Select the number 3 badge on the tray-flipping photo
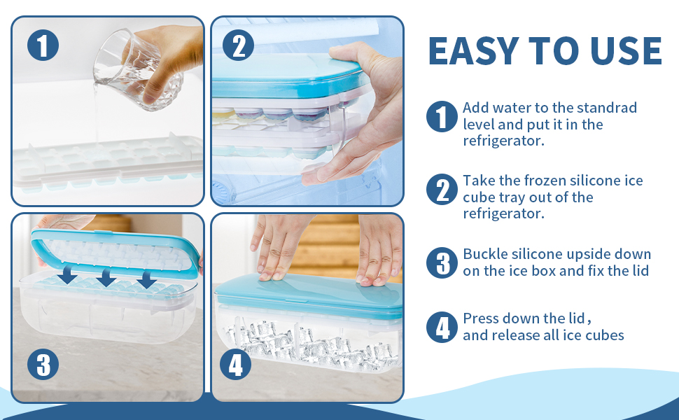[43, 365]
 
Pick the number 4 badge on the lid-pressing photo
[235, 365]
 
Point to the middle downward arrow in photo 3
[106, 278]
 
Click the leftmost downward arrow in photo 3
[68, 276]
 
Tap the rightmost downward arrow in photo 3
[146, 279]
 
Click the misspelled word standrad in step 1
[605, 108]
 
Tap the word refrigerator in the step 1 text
[503, 141]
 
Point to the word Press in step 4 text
[481, 318]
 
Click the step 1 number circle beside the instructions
[442, 116]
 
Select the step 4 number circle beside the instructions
[442, 327]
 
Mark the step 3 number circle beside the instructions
[442, 262]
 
